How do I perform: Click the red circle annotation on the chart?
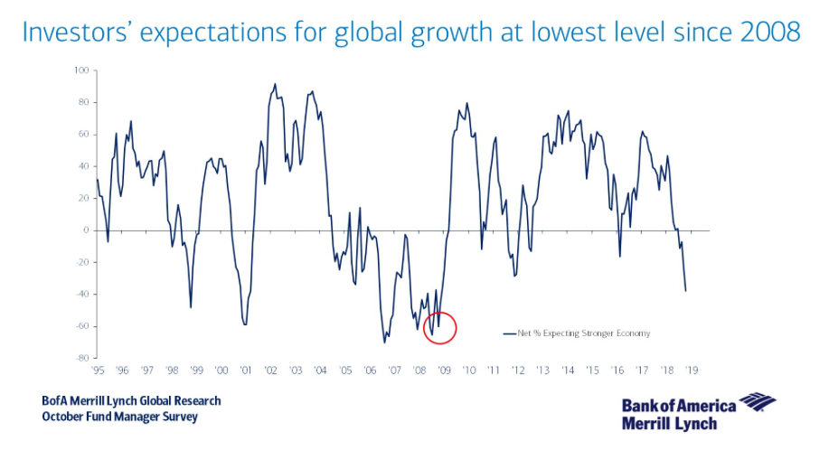tap(440, 328)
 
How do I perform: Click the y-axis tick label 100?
tap(83, 70)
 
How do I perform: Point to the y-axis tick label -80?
tap(83, 358)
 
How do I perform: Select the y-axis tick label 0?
tap(87, 230)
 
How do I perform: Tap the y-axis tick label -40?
tap(83, 295)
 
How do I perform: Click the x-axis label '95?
tap(98, 371)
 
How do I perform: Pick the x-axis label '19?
tap(691, 371)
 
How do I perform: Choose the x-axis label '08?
tap(419, 371)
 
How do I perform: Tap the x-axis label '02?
tap(270, 371)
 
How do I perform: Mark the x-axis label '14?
tap(567, 371)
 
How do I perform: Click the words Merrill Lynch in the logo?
tap(669, 423)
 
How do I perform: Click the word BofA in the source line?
tap(55, 401)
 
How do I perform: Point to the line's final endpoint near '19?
tap(686, 291)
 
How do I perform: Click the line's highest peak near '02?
tap(275, 84)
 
